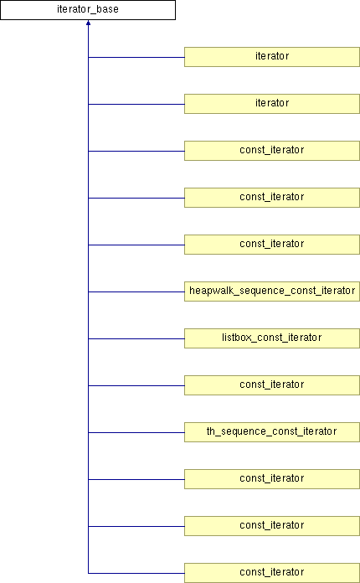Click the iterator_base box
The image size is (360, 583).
pos(88,10)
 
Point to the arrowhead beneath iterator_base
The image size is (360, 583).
pos(89,23)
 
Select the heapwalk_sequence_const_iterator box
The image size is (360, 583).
pos(272,291)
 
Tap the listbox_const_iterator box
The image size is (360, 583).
pos(272,338)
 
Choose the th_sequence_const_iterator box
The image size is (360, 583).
pos(272,432)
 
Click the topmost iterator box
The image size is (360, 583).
pos(272,57)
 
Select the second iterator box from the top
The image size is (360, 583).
pos(272,104)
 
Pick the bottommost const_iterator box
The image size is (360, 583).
pos(272,573)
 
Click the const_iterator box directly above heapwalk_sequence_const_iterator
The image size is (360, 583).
pos(272,245)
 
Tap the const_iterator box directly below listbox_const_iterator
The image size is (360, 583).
pos(272,385)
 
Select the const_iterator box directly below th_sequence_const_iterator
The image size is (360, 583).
pos(272,479)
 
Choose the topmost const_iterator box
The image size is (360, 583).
pos(272,151)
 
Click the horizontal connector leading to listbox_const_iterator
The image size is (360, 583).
pos(136,338)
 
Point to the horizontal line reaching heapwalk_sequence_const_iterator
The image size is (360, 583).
pos(136,291)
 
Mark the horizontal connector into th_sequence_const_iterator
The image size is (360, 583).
pos(136,432)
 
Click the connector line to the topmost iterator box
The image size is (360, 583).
pos(136,57)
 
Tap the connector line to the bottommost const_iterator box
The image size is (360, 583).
pos(136,573)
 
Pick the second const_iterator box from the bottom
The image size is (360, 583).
pos(272,526)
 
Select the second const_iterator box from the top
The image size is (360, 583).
pos(272,198)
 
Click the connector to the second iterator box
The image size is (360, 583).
pos(136,104)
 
